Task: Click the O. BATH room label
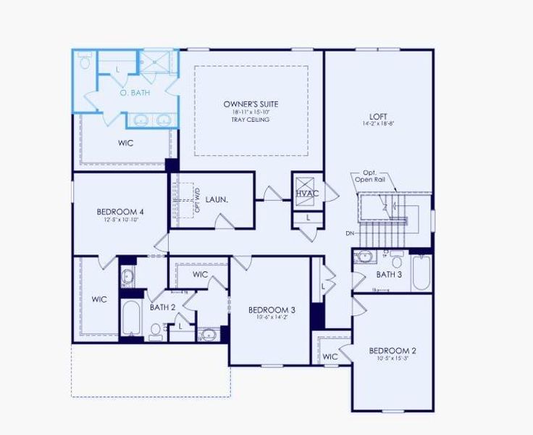(x=133, y=93)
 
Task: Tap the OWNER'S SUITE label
(x=251, y=104)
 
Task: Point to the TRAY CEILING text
(x=251, y=120)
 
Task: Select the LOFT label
(x=378, y=115)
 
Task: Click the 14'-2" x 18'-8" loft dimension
(x=378, y=123)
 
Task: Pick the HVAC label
(x=307, y=194)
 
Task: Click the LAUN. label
(x=217, y=199)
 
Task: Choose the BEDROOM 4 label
(x=120, y=212)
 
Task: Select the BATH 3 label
(x=389, y=275)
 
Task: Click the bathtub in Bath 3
(x=421, y=274)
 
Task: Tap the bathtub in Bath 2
(x=132, y=319)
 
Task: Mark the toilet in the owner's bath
(x=85, y=64)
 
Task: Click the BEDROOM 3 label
(x=272, y=310)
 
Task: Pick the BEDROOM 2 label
(x=392, y=351)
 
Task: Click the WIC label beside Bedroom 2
(x=330, y=357)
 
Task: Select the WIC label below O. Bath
(x=126, y=143)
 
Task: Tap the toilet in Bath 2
(x=155, y=331)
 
